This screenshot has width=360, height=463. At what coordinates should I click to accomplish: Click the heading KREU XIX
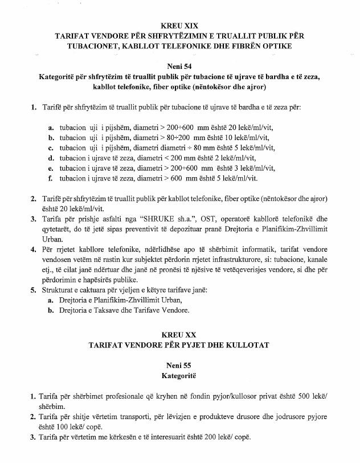click(180, 26)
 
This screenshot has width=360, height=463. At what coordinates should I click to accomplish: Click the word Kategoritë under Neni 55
click(180, 376)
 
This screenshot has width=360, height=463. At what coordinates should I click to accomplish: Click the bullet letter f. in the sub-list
click(52, 178)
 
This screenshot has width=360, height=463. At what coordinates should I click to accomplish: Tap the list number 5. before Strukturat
click(34, 290)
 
